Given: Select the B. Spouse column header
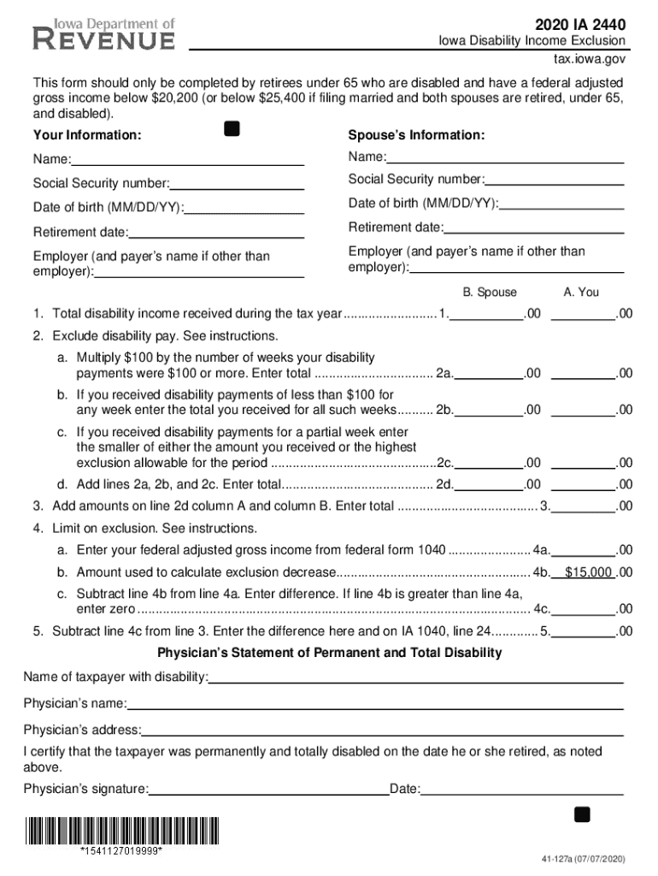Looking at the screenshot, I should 490,292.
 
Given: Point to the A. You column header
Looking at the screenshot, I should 581,292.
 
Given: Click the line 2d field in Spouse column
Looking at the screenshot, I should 489,483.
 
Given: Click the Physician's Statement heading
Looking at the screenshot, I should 330,653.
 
